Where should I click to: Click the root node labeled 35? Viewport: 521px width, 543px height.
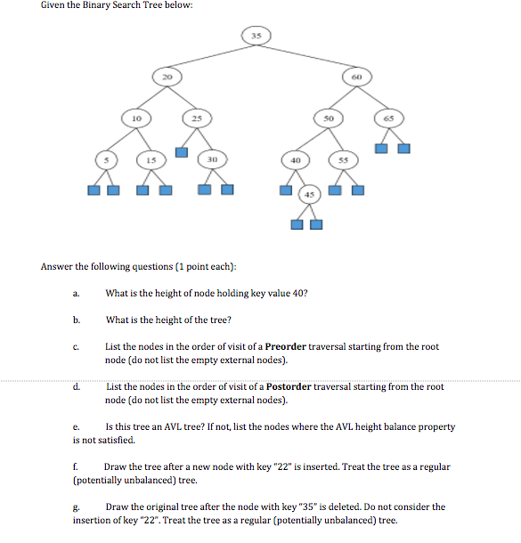(x=256, y=35)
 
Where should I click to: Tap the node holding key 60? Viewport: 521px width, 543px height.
(x=355, y=77)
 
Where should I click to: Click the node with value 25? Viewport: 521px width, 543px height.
(x=197, y=118)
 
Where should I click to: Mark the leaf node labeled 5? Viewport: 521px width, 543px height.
(x=105, y=159)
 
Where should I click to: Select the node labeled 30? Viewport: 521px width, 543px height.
(x=213, y=159)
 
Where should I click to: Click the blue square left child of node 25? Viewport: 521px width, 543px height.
(x=181, y=151)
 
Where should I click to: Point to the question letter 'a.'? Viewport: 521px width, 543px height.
(x=77, y=293)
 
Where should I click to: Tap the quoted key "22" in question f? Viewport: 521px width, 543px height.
(x=267, y=466)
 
